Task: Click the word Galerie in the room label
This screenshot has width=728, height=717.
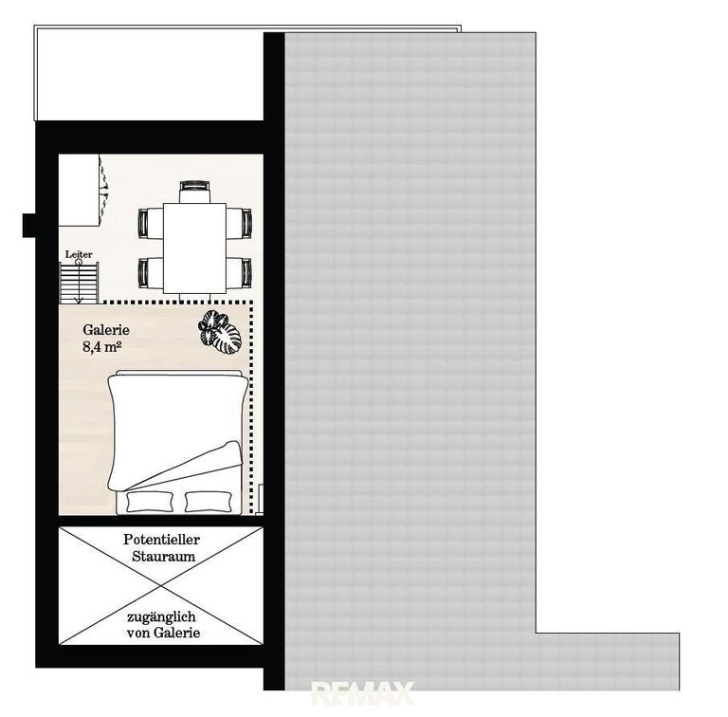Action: pos(106,330)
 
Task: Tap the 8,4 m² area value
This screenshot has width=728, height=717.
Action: pos(102,347)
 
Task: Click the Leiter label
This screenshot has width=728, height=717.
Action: pos(79,254)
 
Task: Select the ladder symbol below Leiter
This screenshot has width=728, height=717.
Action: pos(79,283)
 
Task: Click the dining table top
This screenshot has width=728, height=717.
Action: pos(194,248)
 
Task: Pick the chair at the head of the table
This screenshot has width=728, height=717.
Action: pos(195,192)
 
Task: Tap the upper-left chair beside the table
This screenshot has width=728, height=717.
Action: pos(151,224)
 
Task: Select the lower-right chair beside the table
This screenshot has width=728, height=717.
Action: pos(240,272)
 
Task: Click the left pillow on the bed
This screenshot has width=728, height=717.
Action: pos(150,502)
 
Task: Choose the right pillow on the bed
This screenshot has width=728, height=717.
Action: pos(208,502)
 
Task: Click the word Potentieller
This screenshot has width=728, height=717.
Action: pos(161,540)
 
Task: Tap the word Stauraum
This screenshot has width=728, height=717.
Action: pos(163,557)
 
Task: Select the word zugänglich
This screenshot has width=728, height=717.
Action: pos(161,617)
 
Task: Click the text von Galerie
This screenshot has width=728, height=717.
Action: pos(163,633)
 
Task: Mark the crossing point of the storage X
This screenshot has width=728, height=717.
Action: pos(161,586)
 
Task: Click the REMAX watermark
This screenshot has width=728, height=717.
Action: pos(363,693)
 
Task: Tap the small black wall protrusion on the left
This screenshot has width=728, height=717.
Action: pos(28,225)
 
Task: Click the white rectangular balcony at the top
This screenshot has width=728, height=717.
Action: pos(149,73)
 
